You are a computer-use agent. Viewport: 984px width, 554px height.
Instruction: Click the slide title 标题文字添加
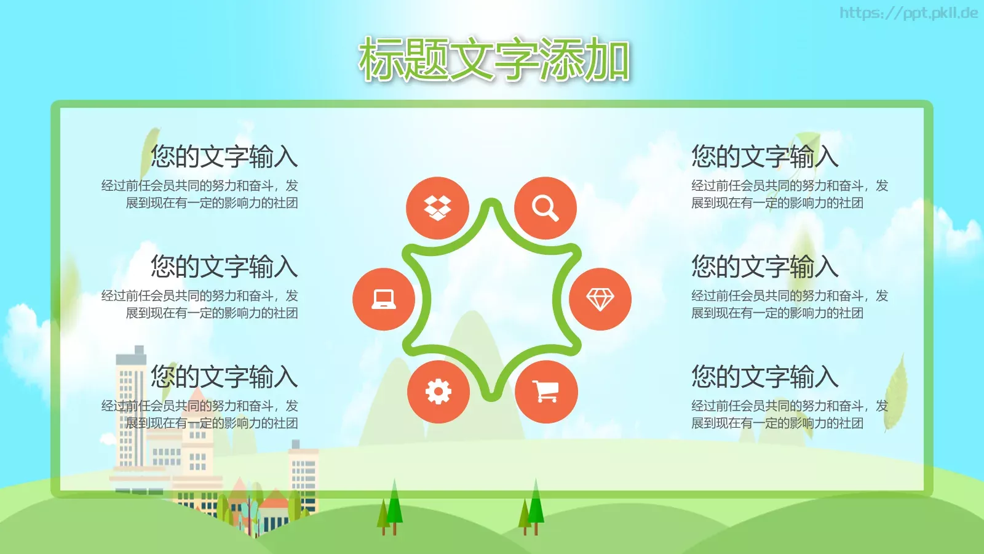[x=494, y=60]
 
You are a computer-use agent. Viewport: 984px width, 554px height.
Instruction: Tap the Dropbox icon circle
[x=437, y=208]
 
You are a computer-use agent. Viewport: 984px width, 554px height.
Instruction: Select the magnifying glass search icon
[x=545, y=208]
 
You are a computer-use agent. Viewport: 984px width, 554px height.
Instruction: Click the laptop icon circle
[x=384, y=299]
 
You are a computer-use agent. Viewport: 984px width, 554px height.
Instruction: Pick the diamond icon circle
[x=600, y=299]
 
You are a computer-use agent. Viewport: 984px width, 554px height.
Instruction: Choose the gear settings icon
[x=438, y=391]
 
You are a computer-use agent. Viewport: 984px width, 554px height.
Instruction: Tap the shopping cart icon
[x=546, y=391]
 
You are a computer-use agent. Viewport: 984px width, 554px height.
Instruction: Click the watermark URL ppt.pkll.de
[x=908, y=13]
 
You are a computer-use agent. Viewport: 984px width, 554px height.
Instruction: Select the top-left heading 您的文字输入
[x=224, y=156]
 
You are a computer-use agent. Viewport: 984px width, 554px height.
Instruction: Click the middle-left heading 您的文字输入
[x=224, y=267]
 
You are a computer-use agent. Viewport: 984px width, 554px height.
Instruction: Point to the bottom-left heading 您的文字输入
[x=224, y=377]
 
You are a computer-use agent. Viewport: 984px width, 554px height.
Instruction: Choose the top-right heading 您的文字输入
[x=764, y=156]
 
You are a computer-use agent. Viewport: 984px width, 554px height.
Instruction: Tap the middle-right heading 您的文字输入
[x=764, y=267]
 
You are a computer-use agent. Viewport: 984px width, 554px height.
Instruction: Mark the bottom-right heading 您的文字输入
[x=764, y=377]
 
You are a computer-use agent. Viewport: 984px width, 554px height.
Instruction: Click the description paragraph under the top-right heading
[x=789, y=194]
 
